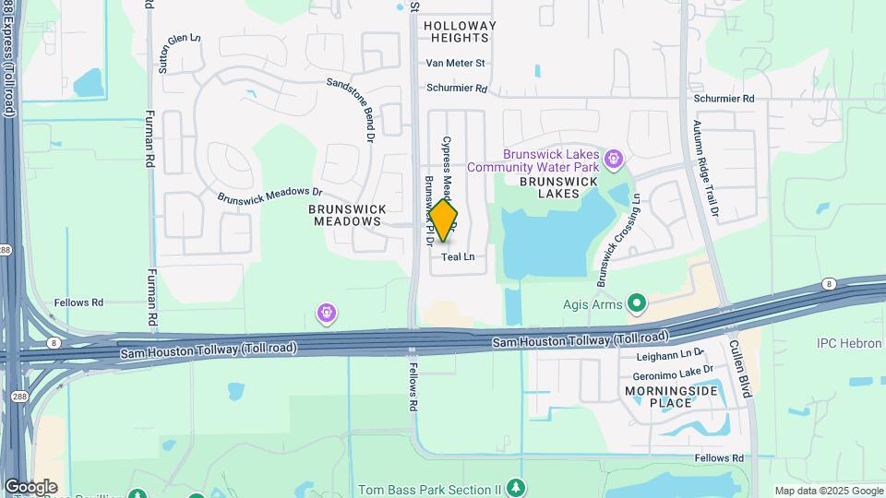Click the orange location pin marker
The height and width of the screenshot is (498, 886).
(x=443, y=221)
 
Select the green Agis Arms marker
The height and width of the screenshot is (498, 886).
(x=635, y=302)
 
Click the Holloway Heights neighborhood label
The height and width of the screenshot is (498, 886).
(x=460, y=32)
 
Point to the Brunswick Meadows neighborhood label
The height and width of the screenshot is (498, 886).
(x=348, y=215)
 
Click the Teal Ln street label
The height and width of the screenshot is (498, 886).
(x=459, y=257)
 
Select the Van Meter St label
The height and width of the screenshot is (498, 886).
(x=455, y=64)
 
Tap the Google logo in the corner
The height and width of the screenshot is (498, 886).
(x=30, y=486)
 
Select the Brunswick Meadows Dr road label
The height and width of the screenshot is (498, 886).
(x=269, y=196)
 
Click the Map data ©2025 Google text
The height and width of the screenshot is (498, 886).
(x=829, y=491)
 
